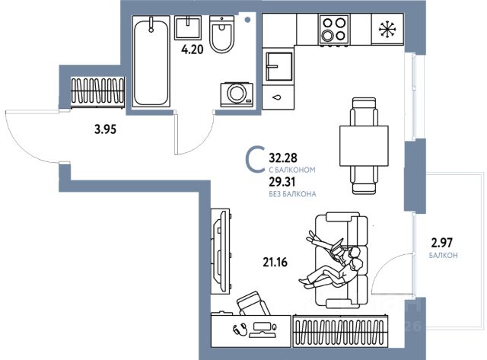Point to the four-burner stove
pos(333,31)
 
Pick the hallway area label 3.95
pos(105,129)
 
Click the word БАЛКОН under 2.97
pos(443,256)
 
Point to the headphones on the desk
pos(239,330)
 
